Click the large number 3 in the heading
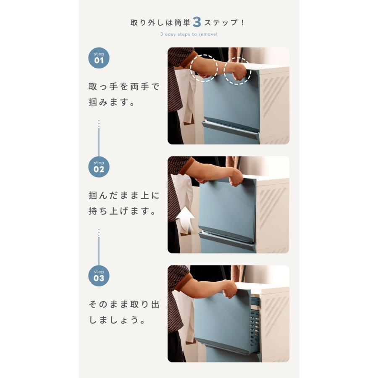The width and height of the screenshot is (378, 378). click(197, 22)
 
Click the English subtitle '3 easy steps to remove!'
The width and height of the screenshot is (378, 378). click(189, 34)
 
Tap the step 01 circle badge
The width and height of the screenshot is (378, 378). click(99, 58)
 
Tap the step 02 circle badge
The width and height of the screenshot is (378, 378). click(99, 167)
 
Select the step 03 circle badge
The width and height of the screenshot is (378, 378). click(99, 276)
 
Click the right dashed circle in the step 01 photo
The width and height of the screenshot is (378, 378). click(237, 71)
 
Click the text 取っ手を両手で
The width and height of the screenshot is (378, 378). click(124, 87)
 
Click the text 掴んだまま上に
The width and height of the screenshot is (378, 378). click(124, 196)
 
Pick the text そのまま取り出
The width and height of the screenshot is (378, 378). click(124, 304)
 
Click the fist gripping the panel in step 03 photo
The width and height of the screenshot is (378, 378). click(230, 289)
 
